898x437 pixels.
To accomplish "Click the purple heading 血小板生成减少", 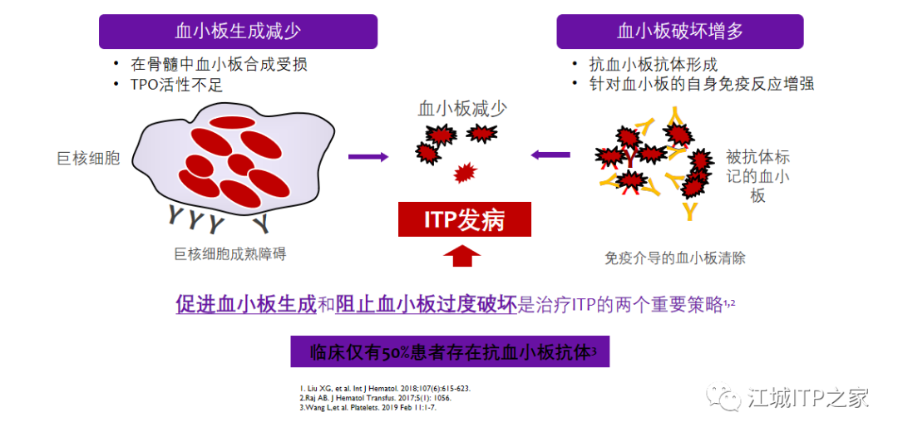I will tap(238, 32).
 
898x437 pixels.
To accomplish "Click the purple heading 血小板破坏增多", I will tap(680, 32).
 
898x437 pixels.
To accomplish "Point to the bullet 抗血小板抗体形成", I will tap(653, 64).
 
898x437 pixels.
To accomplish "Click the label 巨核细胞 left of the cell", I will tap(88, 158).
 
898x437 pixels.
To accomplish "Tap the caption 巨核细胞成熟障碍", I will tap(230, 254).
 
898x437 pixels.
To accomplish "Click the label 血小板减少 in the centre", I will tap(462, 109).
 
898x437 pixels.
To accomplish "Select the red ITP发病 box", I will tap(464, 219).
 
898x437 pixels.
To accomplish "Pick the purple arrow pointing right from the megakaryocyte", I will tap(368, 156).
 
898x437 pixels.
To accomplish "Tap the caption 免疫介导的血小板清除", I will tap(675, 258).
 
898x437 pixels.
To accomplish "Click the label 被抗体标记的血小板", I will tap(757, 176).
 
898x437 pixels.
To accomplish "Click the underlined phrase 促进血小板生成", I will tap(246, 304).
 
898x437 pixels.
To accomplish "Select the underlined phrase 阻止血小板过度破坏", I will tap(426, 304).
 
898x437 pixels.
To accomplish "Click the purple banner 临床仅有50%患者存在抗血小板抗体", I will tap(450, 351).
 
